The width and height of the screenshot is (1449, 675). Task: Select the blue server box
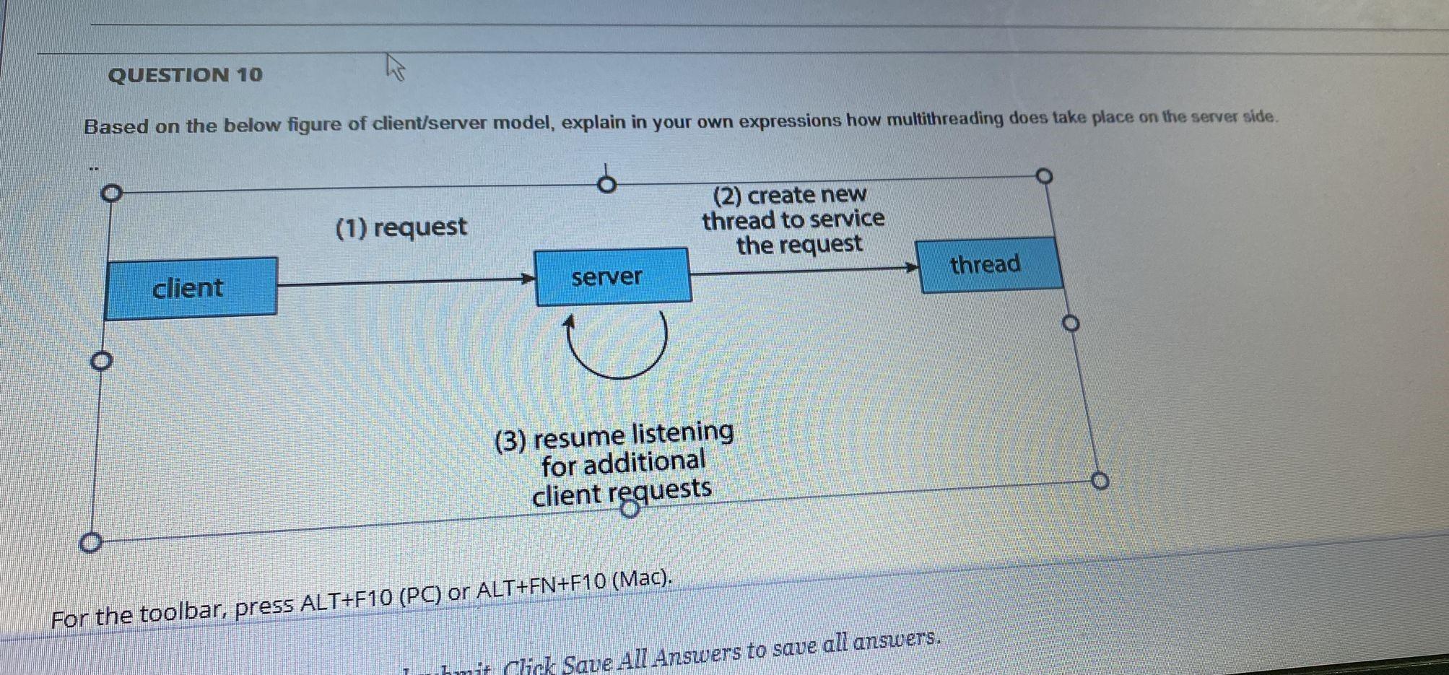(x=613, y=276)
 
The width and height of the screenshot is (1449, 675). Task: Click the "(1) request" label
(x=401, y=227)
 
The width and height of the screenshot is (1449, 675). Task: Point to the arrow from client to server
(x=404, y=282)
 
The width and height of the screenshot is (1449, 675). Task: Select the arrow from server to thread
(x=801, y=271)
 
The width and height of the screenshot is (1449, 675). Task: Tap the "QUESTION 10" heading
(x=186, y=75)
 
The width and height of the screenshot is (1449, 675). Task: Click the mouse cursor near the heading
(x=394, y=67)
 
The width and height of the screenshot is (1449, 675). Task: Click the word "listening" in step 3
(x=682, y=433)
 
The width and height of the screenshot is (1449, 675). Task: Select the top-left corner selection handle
(x=110, y=193)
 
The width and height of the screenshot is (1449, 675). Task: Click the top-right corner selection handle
(x=1044, y=176)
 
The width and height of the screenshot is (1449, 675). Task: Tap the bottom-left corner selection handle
(x=90, y=543)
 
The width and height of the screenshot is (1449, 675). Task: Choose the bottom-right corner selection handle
(x=1099, y=481)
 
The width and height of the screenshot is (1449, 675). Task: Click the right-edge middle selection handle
(x=1071, y=323)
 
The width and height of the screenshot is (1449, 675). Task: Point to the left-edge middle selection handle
(x=101, y=361)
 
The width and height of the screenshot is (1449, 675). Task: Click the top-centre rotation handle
(x=607, y=185)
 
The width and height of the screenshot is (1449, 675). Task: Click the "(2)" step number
(x=727, y=196)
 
